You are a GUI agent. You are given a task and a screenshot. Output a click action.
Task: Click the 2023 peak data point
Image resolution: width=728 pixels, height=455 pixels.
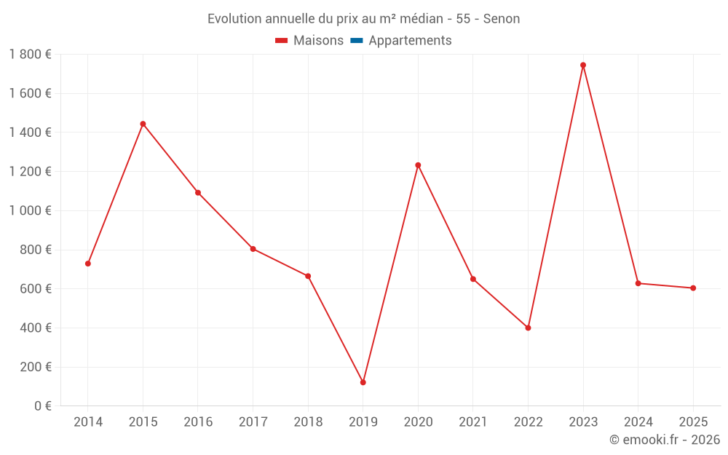coord(583,65)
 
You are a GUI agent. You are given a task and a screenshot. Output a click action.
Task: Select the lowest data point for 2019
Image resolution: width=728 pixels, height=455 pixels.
coord(363,382)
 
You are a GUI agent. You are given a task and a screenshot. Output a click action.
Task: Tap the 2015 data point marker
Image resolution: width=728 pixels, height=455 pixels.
coord(143,124)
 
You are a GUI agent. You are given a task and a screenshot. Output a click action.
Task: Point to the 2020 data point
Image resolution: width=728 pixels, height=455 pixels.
coord(418,165)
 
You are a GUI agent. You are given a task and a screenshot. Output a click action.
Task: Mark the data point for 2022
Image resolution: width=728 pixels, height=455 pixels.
coord(528,328)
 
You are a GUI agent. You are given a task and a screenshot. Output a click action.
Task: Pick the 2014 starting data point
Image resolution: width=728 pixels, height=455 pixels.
coord(88,264)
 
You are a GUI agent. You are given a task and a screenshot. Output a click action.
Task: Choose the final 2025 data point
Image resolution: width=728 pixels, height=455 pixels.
coord(693,288)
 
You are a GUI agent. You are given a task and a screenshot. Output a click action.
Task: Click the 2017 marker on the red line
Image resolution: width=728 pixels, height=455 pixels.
coord(253,249)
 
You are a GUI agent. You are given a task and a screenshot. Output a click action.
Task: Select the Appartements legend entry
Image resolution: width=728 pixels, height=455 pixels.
coord(410,41)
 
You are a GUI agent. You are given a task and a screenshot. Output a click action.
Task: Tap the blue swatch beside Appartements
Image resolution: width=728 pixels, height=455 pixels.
coord(357,41)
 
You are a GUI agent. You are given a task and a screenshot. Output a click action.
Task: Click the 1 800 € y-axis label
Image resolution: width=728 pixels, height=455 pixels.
coord(30,55)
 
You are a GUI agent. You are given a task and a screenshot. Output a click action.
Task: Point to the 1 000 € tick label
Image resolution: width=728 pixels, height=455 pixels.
coord(30,211)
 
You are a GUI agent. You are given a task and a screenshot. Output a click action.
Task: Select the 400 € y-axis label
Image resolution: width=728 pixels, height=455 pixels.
coord(34,328)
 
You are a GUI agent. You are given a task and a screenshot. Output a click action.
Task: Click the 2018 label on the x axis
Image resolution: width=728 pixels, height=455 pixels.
coord(308,422)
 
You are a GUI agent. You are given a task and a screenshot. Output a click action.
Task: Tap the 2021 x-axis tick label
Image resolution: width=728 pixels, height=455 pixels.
coord(473,422)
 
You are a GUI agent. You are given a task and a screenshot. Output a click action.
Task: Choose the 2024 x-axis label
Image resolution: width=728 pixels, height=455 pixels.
coord(638,422)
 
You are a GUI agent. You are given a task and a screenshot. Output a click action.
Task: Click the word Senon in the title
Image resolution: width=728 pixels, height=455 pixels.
coord(502,19)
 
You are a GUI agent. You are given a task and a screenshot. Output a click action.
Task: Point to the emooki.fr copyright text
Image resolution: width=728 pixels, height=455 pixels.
coord(665,440)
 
